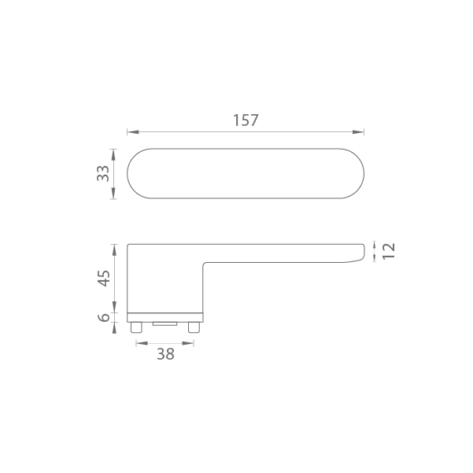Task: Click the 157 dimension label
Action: coord(246,120)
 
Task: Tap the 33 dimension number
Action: coord(103,173)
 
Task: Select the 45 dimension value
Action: coord(105,278)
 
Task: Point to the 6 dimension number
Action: coord(105,317)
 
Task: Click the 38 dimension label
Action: coord(165,354)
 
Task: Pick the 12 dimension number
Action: coord(388,251)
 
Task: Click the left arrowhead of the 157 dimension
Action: coord(133,132)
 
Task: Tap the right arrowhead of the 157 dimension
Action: coord(358,132)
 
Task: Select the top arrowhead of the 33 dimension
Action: coord(113,155)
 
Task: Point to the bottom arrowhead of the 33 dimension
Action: coord(113,193)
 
